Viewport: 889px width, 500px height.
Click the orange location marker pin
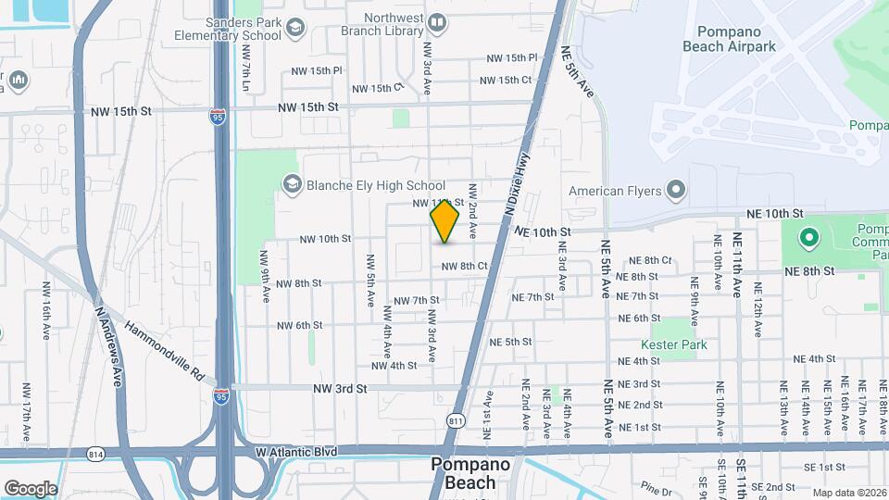point(444,221)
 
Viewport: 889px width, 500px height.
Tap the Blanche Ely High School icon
point(293,185)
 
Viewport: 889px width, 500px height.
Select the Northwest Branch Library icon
point(437,20)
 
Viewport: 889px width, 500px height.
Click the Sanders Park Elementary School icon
point(295,29)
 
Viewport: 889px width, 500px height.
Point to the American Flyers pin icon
point(676,192)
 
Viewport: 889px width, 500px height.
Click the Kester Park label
point(679,344)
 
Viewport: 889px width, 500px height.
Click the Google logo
point(31,488)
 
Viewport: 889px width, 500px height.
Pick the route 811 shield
point(456,419)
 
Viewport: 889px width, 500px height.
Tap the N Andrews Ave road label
point(109,333)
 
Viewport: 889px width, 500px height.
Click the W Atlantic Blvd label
point(295,452)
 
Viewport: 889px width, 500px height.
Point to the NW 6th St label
point(299,325)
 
